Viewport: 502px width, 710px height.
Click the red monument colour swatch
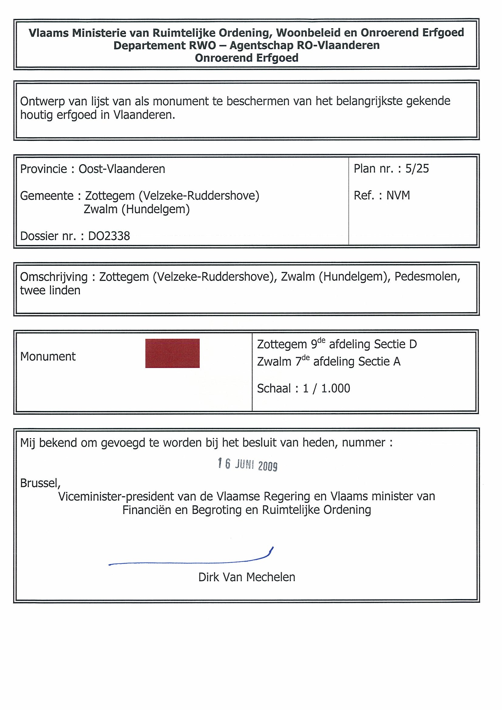click(172, 353)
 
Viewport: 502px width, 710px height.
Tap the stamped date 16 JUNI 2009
click(247, 464)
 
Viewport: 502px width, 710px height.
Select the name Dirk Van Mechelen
click(246, 577)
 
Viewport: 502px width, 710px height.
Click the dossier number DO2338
click(109, 236)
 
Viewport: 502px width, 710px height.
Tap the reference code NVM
click(398, 195)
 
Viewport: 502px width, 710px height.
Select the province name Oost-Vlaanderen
click(122, 169)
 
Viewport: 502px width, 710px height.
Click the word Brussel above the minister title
click(39, 483)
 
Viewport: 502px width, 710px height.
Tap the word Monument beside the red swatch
click(48, 357)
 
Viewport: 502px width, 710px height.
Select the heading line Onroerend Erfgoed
click(246, 58)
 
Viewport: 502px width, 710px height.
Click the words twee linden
click(50, 290)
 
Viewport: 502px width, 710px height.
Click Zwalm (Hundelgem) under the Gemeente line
click(136, 209)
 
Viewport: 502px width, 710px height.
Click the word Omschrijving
click(54, 277)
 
